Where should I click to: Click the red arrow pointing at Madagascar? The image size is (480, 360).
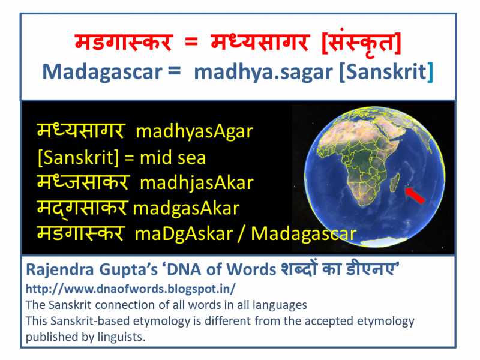pos(415,196)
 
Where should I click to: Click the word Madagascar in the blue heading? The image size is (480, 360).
pos(102,72)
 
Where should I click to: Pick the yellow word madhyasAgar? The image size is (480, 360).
pos(194,131)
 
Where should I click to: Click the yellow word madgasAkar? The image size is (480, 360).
pos(186,208)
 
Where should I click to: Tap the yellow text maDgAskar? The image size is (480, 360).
pos(185,233)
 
